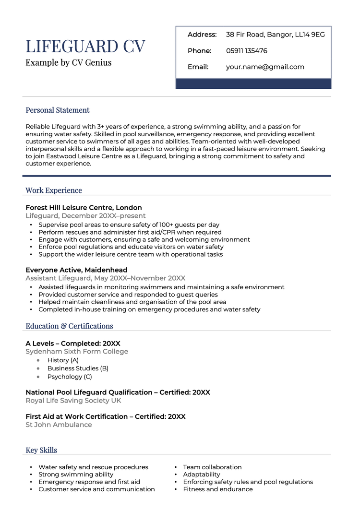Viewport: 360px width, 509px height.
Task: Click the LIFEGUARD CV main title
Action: pos(85,47)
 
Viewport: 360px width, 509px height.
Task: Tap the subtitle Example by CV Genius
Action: pos(68,62)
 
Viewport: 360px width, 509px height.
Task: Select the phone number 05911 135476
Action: pos(246,51)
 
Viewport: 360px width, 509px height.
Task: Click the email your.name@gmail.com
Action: pos(265,67)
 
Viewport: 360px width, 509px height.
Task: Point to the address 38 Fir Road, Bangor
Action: pos(275,35)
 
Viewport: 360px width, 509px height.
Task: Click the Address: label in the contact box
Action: pos(202,35)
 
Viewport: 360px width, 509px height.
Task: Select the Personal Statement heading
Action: pos(58,110)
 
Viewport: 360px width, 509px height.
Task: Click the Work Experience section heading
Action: pos(54,190)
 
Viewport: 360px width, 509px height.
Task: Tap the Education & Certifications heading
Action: pos(69,326)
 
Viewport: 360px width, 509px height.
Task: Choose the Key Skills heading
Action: pos(41,450)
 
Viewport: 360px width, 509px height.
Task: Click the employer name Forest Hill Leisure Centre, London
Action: pos(84,208)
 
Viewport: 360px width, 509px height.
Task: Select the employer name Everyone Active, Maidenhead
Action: pos(76,270)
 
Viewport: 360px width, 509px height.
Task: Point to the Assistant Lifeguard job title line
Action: pos(105,278)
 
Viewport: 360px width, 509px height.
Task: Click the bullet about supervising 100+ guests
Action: pos(129,225)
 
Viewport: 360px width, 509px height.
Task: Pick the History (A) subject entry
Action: pos(63,360)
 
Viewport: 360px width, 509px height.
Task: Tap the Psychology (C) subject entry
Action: pos(70,377)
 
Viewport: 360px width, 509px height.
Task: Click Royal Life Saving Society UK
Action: pos(73,401)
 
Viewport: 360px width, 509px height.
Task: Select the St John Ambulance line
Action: pos(59,425)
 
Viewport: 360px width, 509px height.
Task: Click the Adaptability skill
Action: pos(202,474)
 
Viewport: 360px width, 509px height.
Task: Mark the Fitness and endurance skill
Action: pos(217,489)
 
